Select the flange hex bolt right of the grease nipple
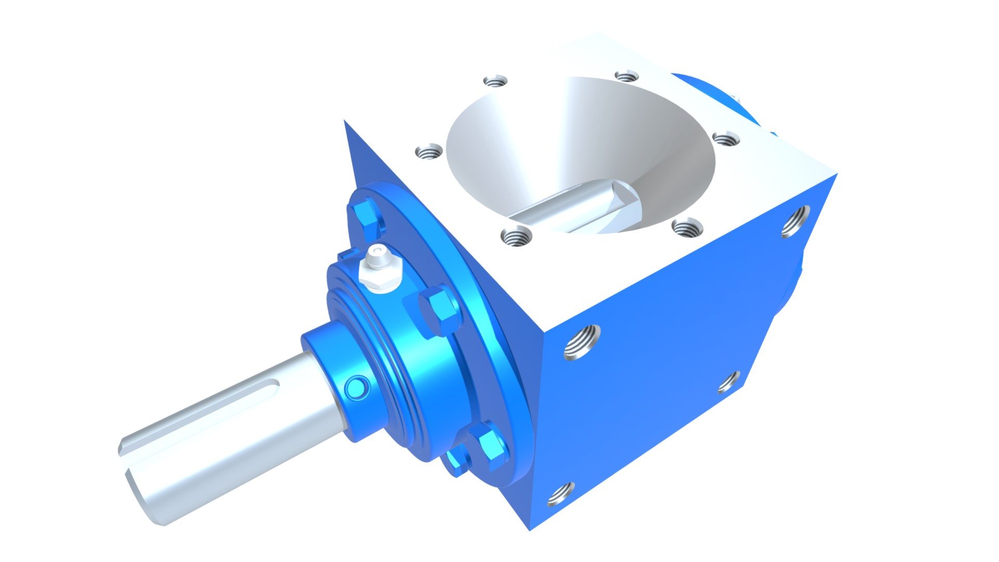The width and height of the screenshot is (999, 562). point(439,311)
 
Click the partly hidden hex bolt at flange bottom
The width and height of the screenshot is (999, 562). point(456,462)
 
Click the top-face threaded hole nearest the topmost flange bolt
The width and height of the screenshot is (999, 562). point(429,152)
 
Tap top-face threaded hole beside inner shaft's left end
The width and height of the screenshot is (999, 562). point(517,237)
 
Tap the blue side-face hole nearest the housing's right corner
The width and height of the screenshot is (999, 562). point(795,221)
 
